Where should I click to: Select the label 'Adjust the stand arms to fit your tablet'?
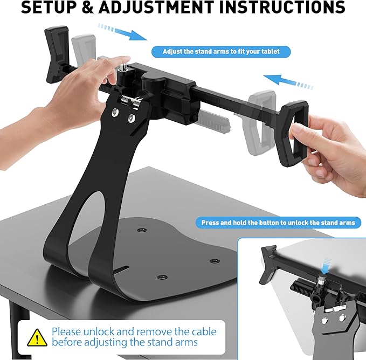[x=221, y=52]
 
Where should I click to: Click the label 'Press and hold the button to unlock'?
[x=278, y=223]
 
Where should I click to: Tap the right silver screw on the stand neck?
[x=132, y=117]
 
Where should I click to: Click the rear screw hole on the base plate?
[x=141, y=230]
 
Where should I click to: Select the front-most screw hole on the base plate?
[x=160, y=277]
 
